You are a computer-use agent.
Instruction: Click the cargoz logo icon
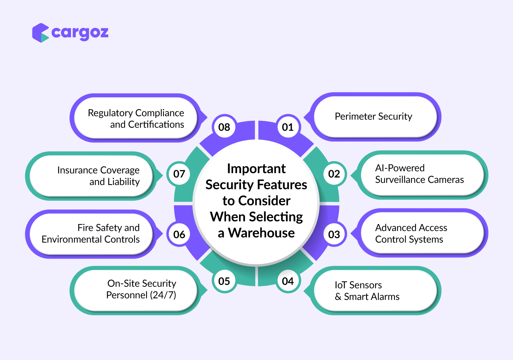(x=41, y=33)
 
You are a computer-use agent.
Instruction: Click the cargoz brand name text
(x=80, y=33)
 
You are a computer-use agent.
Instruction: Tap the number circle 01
(x=288, y=127)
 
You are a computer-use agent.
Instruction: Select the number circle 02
(x=334, y=174)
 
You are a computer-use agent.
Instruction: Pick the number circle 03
(x=334, y=234)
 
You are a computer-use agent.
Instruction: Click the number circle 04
(x=288, y=281)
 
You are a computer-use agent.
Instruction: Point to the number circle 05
(x=224, y=281)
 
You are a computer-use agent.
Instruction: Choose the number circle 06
(x=179, y=234)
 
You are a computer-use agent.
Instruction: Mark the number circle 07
(x=179, y=174)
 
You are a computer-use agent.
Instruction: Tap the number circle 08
(x=224, y=127)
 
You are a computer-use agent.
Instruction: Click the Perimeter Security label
(x=373, y=117)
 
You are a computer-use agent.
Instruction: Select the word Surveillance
(x=400, y=180)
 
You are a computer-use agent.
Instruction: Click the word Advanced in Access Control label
(x=396, y=228)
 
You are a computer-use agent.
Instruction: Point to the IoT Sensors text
(x=358, y=285)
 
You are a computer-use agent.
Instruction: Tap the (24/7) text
(x=163, y=295)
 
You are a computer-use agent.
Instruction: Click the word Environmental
(x=72, y=239)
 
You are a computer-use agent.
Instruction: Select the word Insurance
(x=78, y=170)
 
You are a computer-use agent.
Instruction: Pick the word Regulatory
(x=110, y=113)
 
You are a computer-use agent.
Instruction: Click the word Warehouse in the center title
(x=261, y=233)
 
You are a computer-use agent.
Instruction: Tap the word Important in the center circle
(x=256, y=169)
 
